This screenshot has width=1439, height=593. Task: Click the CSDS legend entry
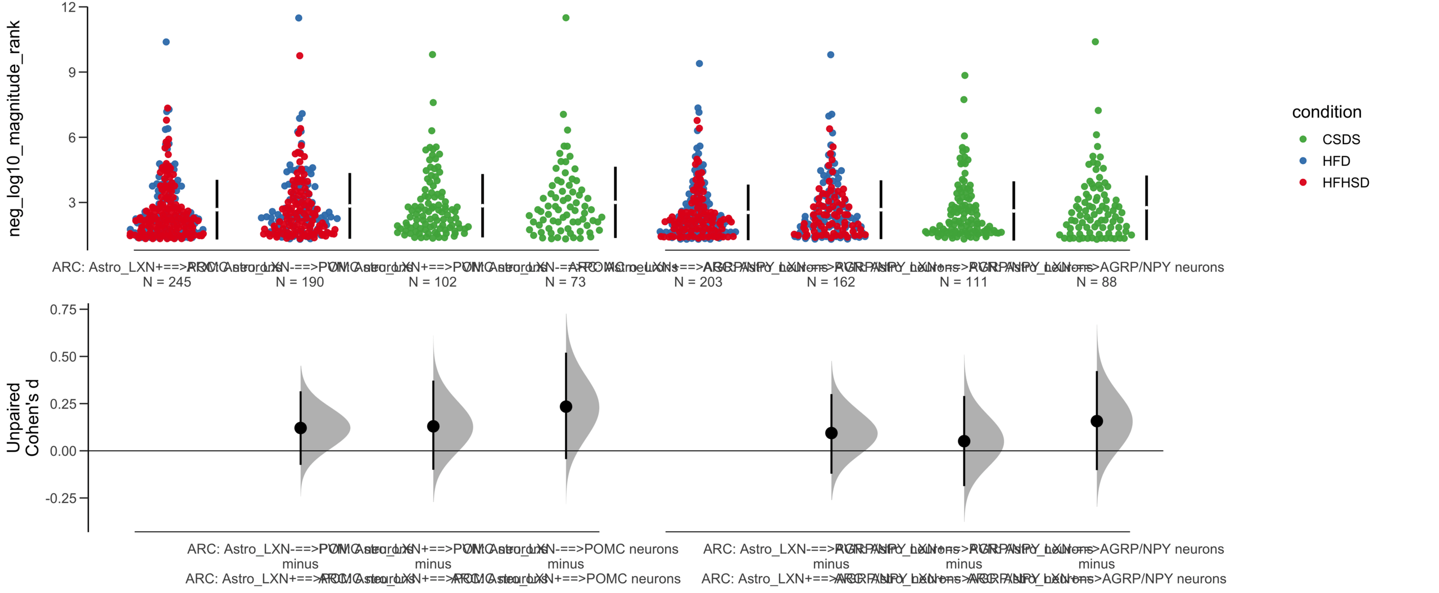pos(1340,139)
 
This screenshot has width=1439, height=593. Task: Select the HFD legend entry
pos(1336,161)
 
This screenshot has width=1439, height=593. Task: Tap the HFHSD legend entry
pos(1345,183)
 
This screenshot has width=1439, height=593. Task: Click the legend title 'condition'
pos(1326,112)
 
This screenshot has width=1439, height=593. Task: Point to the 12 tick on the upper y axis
pos(69,7)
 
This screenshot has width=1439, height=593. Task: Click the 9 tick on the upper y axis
pos(71,72)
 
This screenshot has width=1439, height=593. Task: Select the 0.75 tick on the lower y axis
pos(63,309)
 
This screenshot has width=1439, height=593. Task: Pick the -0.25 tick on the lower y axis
pos(61,498)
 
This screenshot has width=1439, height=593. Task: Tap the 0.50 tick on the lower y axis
pos(63,357)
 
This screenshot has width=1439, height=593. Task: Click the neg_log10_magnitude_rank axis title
pos(13,128)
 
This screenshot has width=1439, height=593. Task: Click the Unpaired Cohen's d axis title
pos(22,417)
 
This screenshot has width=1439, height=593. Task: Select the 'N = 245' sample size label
pos(166,282)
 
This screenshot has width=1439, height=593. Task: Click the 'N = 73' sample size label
pos(565,282)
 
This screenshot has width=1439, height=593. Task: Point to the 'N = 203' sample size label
pos(698,282)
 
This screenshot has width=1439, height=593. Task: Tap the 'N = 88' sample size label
pos(1096,282)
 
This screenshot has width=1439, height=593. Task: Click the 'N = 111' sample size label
pos(963,282)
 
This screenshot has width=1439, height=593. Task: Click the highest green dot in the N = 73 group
pos(565,18)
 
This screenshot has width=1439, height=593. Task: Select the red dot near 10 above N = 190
pos(300,56)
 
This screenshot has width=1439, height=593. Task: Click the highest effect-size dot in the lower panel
pos(565,406)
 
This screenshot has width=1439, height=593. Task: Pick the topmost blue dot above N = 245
pos(166,42)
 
